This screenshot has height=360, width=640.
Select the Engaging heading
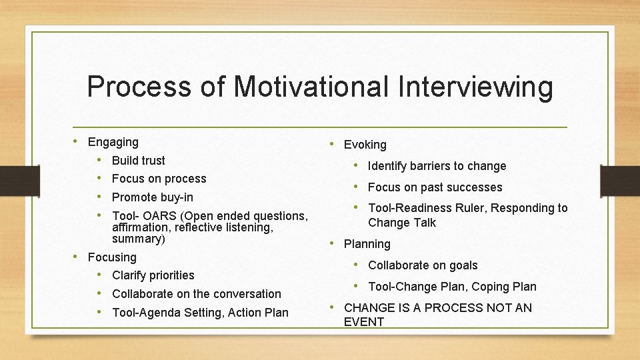point(113,142)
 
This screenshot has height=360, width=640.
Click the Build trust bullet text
point(139,161)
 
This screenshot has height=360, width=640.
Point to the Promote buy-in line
point(153,197)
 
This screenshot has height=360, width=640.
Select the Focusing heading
point(112,257)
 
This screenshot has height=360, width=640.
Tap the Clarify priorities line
point(153,275)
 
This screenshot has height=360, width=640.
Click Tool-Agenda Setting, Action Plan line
point(200,313)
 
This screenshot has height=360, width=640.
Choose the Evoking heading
point(365,145)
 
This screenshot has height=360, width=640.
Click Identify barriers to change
point(437,166)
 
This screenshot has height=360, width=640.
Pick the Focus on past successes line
point(435,187)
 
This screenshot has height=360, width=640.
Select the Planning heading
point(367,244)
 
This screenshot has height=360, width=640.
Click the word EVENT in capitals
point(364,322)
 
